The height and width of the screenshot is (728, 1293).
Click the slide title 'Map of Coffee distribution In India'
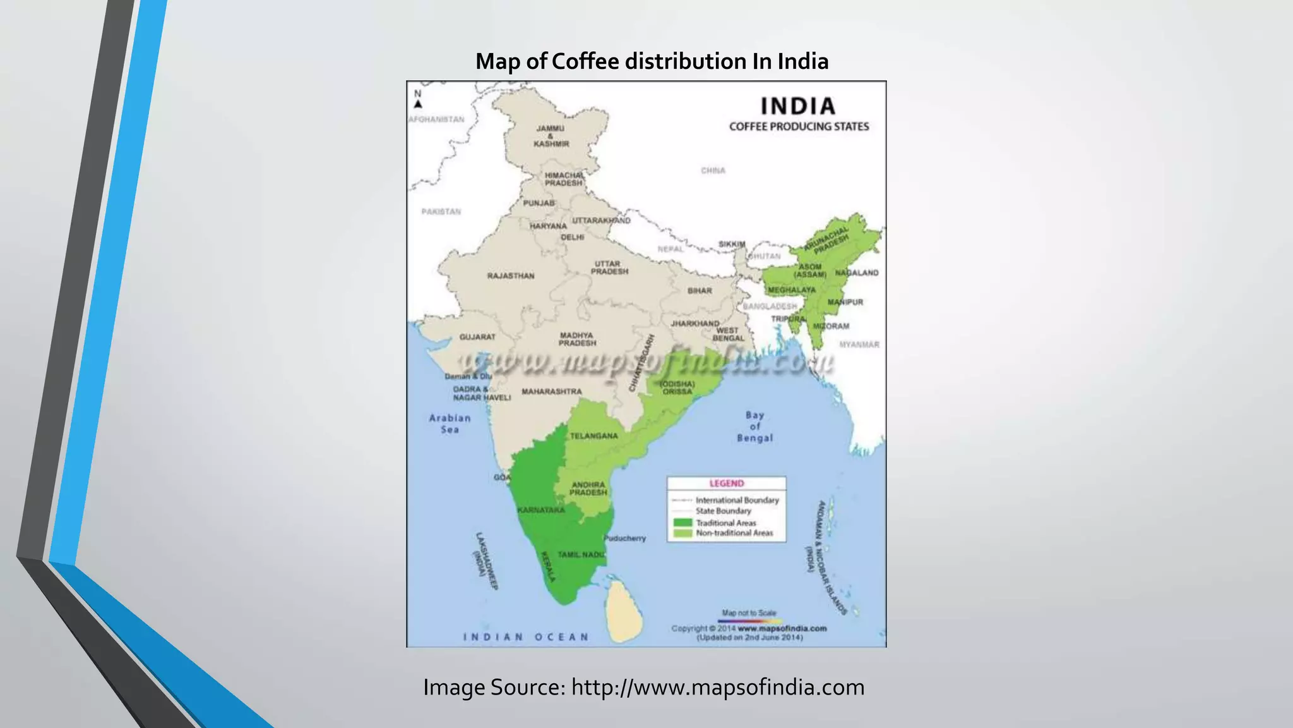pos(652,61)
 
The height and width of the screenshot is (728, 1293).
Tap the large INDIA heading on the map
pos(798,106)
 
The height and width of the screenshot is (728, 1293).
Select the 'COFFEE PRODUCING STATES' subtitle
pos(799,126)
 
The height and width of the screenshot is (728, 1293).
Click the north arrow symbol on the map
pos(418,103)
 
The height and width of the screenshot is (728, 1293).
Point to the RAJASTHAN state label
pos(511,276)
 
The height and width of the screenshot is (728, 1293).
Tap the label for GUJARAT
pos(477,337)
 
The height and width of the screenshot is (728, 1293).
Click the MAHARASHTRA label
pos(552,392)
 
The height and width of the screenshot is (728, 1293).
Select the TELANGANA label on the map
pos(593,436)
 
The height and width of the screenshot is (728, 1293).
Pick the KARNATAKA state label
pos(540,510)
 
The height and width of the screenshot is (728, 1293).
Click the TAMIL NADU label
pos(581,554)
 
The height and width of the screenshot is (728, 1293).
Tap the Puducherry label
pos(625,538)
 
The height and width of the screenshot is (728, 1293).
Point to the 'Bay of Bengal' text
pos(754,427)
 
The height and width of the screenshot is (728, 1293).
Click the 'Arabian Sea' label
pos(450,423)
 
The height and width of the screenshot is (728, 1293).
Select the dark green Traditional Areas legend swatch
pos(682,523)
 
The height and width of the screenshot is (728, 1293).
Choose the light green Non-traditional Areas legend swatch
pos(682,533)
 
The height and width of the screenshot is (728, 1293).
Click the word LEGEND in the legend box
pos(727,483)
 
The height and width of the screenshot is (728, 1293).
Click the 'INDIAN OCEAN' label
pos(526,637)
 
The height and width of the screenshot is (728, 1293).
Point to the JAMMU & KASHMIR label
pos(551,136)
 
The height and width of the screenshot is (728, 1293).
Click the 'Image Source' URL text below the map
pos(717,687)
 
